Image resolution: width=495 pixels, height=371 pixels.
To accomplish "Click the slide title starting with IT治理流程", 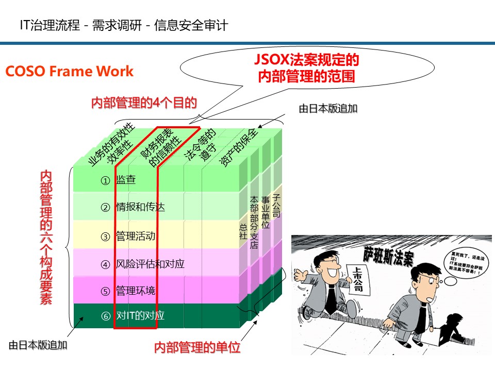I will (x=123, y=25).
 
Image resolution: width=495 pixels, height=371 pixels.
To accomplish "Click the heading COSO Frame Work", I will (x=70, y=71).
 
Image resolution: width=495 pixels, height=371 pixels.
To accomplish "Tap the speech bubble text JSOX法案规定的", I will (x=307, y=60).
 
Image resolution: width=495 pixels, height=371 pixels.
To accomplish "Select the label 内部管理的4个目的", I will (x=144, y=103).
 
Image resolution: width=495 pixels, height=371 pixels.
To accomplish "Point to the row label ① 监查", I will (x=118, y=180).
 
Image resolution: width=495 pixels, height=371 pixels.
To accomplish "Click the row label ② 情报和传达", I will (x=133, y=207).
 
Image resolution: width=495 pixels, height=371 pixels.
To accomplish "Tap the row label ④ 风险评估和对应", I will (x=142, y=264).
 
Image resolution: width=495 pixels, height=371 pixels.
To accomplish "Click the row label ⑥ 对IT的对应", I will (x=133, y=315).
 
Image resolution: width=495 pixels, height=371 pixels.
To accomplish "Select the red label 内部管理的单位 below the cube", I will (x=197, y=347).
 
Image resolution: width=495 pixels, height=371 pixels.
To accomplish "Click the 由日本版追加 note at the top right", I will (x=328, y=109).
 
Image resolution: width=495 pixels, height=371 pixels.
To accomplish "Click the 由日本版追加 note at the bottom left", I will (x=38, y=345).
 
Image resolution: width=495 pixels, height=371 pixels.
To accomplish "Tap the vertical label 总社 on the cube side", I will (x=243, y=231).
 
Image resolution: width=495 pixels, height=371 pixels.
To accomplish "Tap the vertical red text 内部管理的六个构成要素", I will (x=46, y=238).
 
